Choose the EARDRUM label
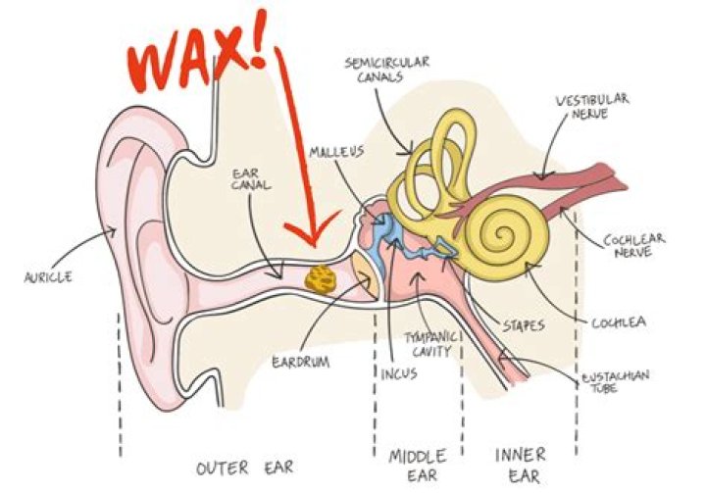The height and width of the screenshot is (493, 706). [297, 362]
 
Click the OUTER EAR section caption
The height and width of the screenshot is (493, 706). [245, 467]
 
